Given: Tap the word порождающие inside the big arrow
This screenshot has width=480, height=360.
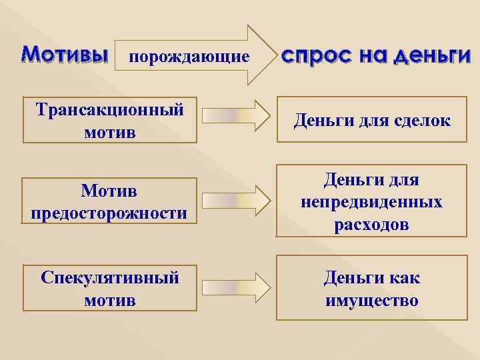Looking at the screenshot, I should [189, 57].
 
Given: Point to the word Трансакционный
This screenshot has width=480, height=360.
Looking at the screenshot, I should [110, 109].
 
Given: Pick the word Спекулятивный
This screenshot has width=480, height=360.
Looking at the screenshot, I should [110, 277].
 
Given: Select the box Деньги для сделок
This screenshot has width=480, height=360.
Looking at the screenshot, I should [371, 120].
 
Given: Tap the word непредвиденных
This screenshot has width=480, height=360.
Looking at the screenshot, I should [371, 201].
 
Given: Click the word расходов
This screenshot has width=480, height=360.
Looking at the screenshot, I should [371, 224].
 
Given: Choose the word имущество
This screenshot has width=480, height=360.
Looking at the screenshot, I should [371, 301].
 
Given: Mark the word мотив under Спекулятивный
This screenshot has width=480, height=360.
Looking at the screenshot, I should [110, 300].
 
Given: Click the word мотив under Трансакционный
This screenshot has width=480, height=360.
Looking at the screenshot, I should [110, 132].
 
